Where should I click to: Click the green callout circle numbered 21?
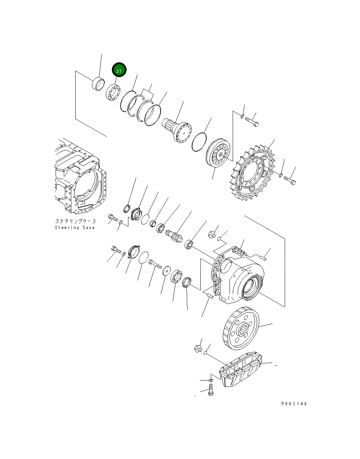(x=119, y=71)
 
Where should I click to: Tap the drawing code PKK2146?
(x=294, y=404)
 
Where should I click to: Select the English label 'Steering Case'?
(x=75, y=228)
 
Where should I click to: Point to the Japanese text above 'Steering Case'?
(x=75, y=222)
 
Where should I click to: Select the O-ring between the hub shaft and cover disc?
(x=199, y=142)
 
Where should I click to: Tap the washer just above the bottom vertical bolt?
(x=211, y=379)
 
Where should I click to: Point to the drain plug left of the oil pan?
(x=198, y=348)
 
